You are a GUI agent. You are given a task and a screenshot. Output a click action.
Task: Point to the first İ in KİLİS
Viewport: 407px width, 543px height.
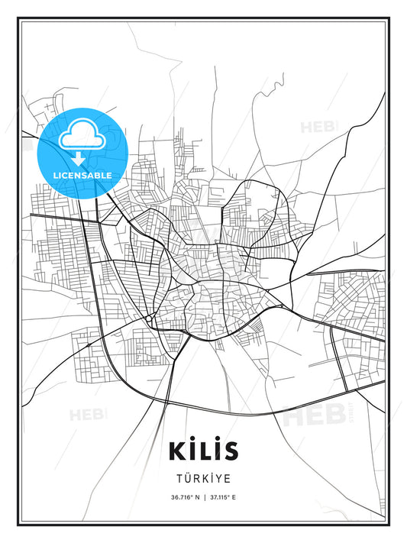coord(192,449)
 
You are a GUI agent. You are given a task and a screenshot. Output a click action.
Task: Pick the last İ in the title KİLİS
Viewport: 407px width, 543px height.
coord(218,449)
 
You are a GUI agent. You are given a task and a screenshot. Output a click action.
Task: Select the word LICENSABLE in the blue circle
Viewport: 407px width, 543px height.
coord(82,175)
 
